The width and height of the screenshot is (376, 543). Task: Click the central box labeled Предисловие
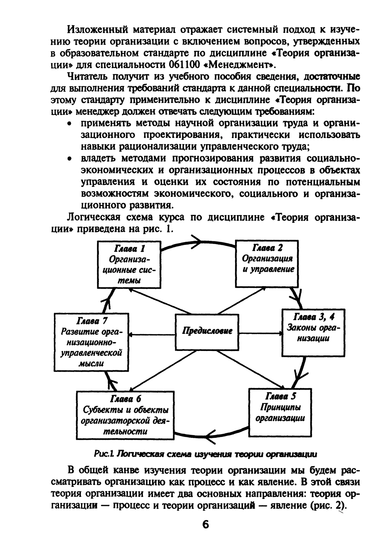click(207, 332)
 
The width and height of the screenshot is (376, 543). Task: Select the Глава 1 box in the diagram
click(129, 264)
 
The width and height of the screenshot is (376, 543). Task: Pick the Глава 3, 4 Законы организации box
click(313, 332)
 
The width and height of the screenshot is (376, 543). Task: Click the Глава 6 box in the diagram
click(125, 415)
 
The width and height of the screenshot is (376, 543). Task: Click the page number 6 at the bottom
click(206, 524)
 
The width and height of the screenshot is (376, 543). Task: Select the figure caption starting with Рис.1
click(205, 454)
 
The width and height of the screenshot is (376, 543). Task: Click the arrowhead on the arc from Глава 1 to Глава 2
click(197, 242)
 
